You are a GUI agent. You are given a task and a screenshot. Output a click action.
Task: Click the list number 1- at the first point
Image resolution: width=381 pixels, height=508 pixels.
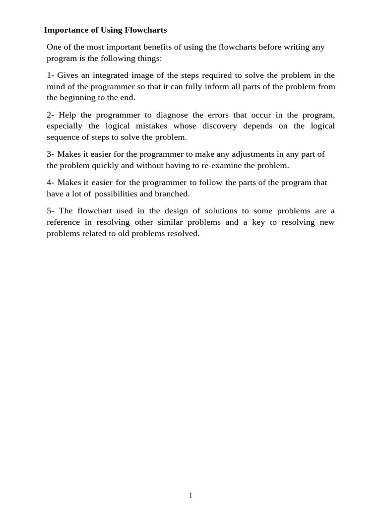[x=51, y=75]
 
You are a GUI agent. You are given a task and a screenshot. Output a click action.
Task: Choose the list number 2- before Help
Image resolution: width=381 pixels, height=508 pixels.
[x=51, y=115]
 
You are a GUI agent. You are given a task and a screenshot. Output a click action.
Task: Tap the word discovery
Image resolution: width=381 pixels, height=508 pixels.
[x=219, y=126]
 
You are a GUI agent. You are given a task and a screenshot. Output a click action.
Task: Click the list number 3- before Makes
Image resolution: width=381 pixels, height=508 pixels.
[x=51, y=154]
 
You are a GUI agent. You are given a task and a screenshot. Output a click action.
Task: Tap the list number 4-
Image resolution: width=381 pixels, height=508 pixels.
[x=51, y=183]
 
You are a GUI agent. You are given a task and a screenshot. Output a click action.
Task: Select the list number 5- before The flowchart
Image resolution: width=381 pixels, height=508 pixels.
[x=51, y=211]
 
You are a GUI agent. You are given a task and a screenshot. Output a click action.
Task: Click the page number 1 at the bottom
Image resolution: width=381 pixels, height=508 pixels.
[x=190, y=495]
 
